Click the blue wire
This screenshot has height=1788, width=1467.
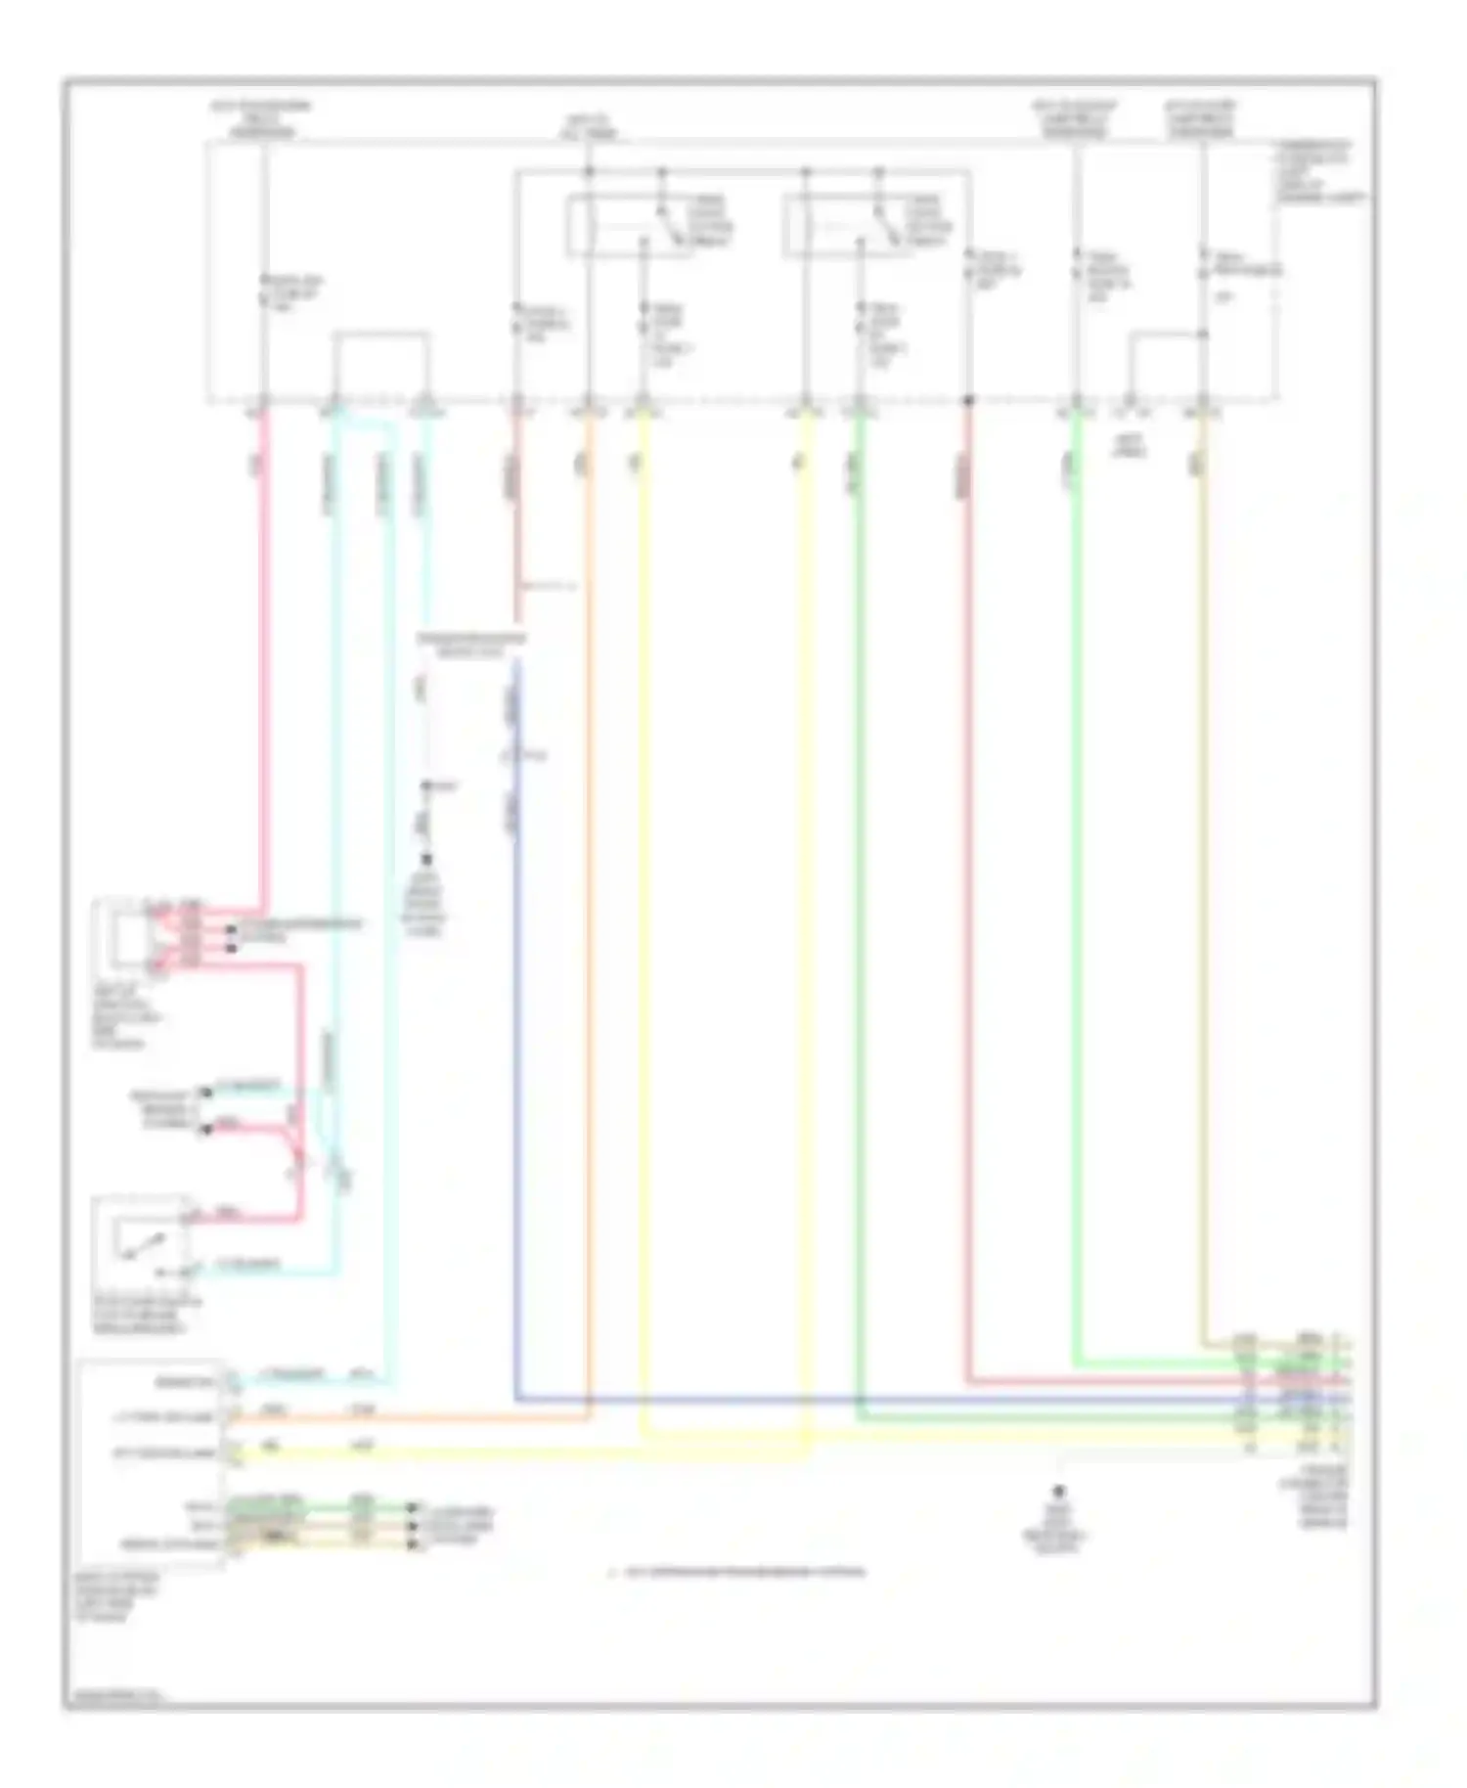click(x=515, y=1076)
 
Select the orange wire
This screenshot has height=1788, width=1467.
click(x=589, y=880)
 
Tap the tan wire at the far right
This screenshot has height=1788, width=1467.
click(x=1203, y=880)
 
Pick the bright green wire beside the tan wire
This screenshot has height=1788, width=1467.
click(x=1076, y=880)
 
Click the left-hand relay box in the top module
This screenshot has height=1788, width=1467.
click(x=631, y=226)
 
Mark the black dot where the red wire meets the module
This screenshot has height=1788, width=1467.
click(x=969, y=400)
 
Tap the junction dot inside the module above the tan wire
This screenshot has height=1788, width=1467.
click(x=1203, y=335)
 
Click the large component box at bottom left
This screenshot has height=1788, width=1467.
click(x=153, y=1462)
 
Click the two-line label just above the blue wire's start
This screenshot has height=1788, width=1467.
click(x=470, y=644)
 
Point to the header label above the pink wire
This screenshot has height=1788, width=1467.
click(x=262, y=118)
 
